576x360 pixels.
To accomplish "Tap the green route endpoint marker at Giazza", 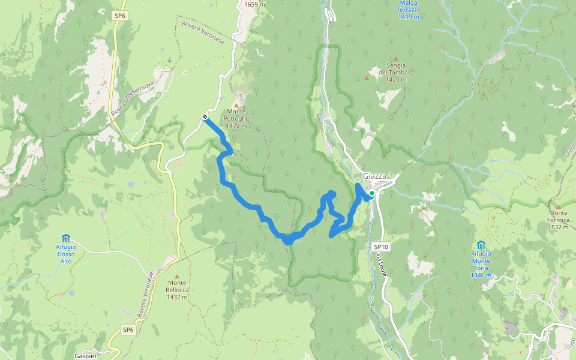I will point(371,193).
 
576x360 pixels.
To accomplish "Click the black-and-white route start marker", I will point(205,116).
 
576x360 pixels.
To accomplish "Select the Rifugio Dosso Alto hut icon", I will point(66,238).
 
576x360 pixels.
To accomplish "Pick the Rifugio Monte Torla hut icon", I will point(481,245).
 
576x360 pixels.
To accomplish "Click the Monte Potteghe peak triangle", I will point(236,104).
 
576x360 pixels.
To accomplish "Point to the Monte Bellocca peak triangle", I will point(177,275).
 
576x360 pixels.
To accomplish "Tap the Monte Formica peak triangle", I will point(558,206).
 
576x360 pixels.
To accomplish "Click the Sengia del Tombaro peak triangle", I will point(396,58).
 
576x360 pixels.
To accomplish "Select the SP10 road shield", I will point(381,247).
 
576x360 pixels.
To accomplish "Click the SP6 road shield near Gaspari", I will point(128,329).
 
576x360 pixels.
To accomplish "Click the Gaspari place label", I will point(85,356).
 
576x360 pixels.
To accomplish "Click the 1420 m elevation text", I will point(397,79).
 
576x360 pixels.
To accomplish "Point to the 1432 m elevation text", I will point(178,297).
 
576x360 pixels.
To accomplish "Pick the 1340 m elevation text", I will point(481,275).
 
